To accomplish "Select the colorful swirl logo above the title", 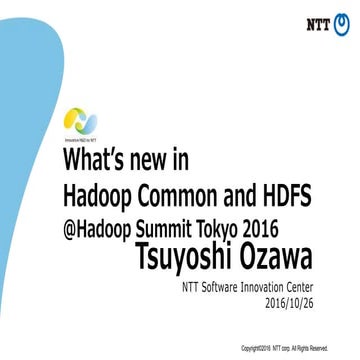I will pos(81,123).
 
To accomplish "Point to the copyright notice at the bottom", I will pos(285,348).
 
